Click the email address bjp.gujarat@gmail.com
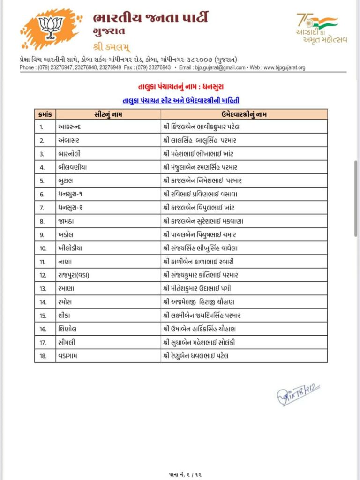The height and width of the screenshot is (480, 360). click(220, 67)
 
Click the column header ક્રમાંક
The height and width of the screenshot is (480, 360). click(45, 114)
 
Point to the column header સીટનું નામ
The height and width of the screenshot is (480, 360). click(107, 114)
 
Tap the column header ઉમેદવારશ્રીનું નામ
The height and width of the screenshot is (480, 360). click(244, 114)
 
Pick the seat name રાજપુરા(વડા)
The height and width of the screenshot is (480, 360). click(74, 275)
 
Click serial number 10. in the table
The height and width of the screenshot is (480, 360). click(43, 248)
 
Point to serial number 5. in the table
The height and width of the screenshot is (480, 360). click(42, 181)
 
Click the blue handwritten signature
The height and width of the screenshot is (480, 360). click(297, 394)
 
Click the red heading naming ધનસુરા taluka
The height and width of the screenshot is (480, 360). click(180, 87)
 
